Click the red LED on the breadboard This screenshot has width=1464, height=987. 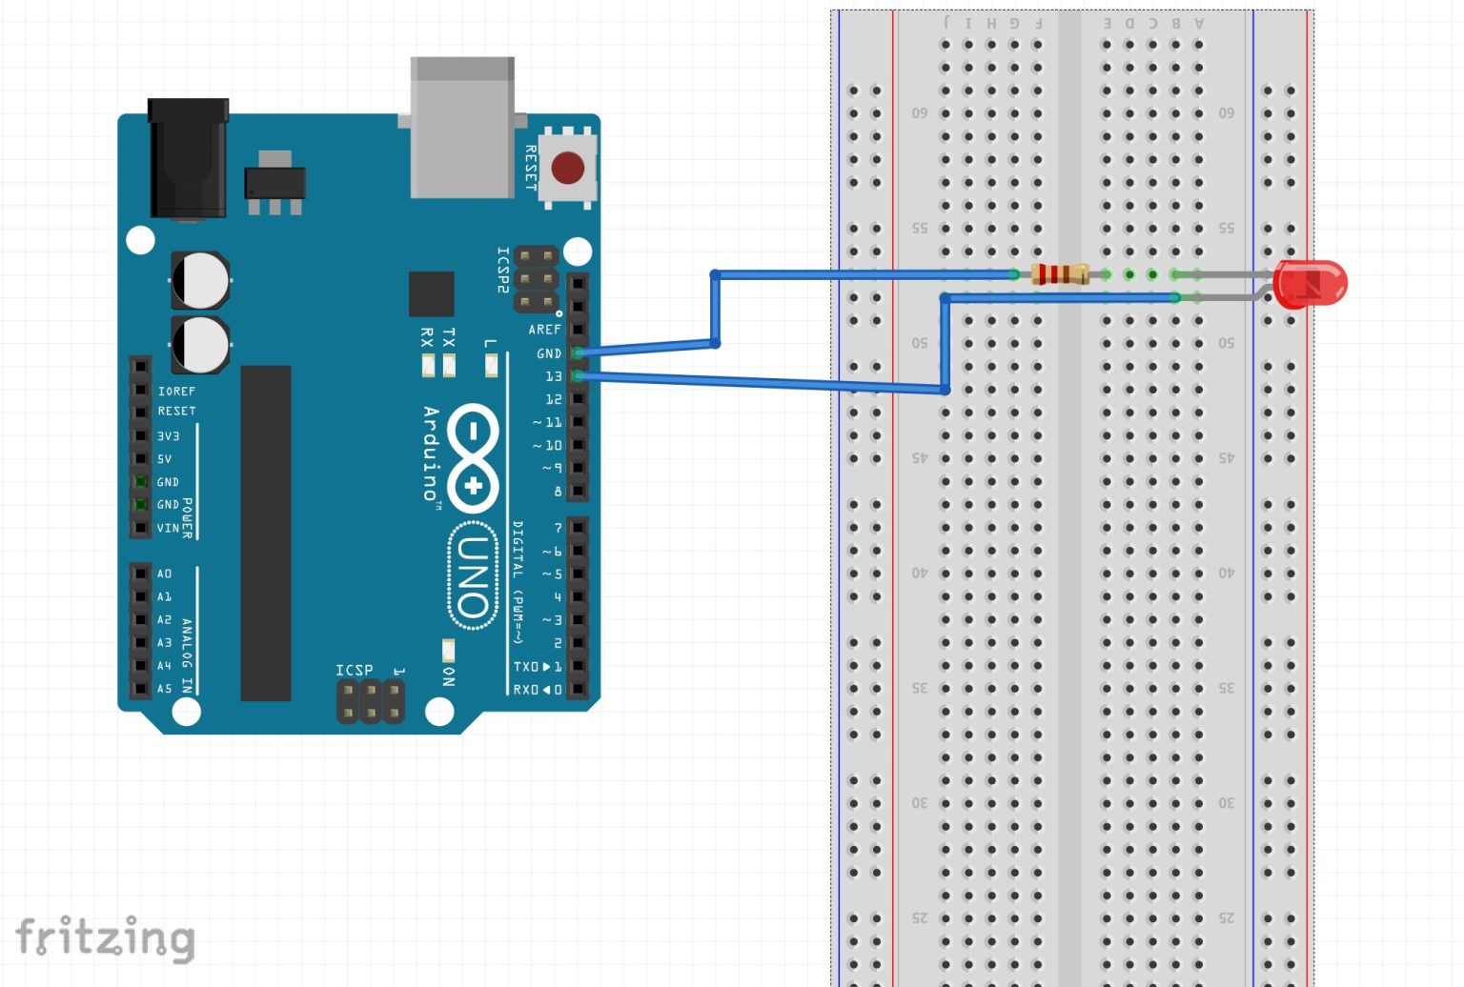[1311, 284]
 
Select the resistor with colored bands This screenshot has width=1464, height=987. [1060, 274]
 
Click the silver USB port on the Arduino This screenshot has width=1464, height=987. [462, 128]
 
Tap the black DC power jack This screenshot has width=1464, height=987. [188, 159]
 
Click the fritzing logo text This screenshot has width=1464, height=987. [105, 937]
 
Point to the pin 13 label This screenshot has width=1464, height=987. [553, 376]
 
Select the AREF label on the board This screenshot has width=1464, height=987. [544, 330]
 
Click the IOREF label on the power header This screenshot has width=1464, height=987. [176, 392]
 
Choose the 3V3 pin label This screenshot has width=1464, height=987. [168, 436]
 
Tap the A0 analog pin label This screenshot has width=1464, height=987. [164, 574]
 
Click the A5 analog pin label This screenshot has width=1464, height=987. [164, 688]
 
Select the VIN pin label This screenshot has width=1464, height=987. [168, 528]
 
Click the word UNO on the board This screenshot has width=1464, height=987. [473, 575]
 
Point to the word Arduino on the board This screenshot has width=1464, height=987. [431, 453]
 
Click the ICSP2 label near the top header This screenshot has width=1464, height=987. [502, 270]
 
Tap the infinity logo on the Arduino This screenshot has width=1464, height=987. [473, 458]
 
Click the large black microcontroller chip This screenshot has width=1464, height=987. [266, 533]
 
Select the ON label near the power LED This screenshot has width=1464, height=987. [448, 675]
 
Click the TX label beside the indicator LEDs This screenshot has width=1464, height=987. [449, 336]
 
